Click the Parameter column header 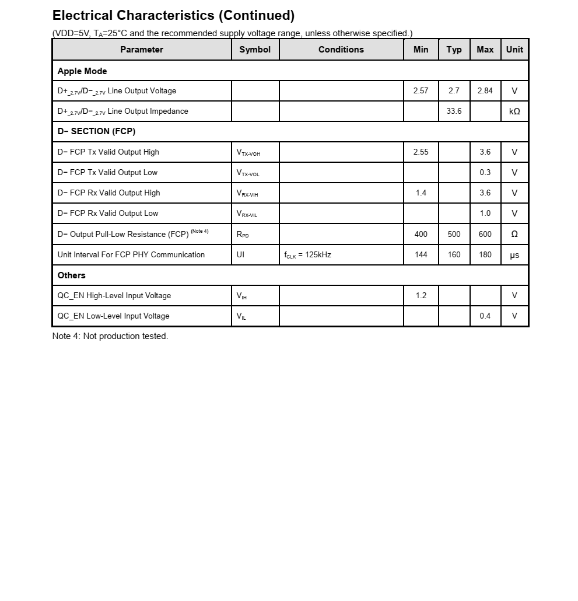(142, 50)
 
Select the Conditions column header (341, 50)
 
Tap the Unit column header (514, 50)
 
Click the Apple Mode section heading (82, 71)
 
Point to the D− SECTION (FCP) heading (96, 131)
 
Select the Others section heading (71, 275)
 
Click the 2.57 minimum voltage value (421, 90)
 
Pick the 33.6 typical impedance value (454, 111)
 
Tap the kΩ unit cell (514, 111)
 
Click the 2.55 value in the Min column (421, 152)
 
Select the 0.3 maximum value (485, 172)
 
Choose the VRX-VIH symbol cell (247, 193)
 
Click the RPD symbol (243, 235)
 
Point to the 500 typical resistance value (454, 234)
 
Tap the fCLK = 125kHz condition (308, 255)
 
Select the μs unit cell (514, 255)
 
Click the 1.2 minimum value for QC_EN (421, 295)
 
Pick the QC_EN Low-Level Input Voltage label (113, 316)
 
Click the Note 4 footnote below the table (110, 336)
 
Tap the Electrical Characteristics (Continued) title (173, 15)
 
